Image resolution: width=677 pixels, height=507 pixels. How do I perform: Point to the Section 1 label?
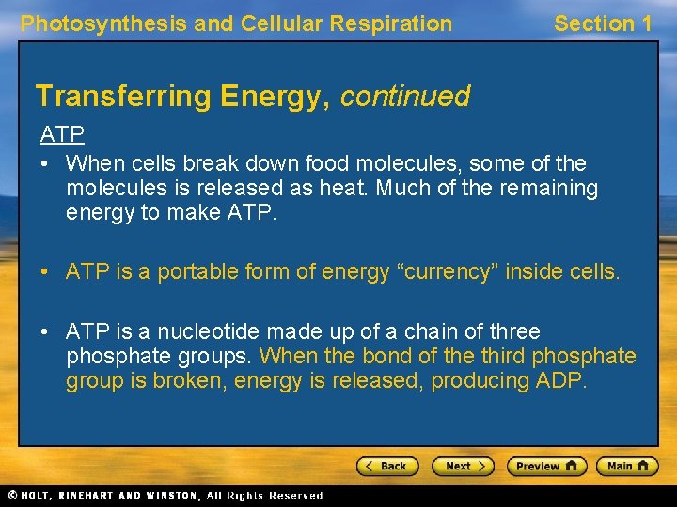point(602,23)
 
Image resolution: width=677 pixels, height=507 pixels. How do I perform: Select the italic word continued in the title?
point(404,96)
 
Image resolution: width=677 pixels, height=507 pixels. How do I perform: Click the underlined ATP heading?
point(62,134)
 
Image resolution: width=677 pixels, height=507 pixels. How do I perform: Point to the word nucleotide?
point(206,331)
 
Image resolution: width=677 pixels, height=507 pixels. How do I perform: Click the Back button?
point(386,466)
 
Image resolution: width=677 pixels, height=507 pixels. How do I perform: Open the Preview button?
point(546,466)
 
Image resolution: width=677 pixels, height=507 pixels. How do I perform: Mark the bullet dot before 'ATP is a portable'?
point(46,273)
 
